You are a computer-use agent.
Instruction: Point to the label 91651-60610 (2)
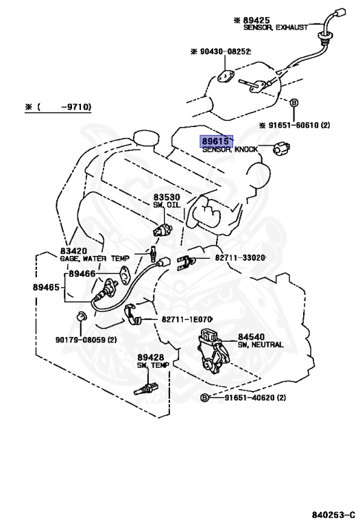pyautogui.click(x=294, y=126)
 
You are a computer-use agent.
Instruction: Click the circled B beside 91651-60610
pyautogui.click(x=293, y=103)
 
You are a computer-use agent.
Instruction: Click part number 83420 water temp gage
pyautogui.click(x=73, y=251)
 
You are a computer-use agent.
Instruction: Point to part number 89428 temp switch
pyautogui.click(x=149, y=358)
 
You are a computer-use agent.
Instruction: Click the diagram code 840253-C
pyautogui.click(x=332, y=513)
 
